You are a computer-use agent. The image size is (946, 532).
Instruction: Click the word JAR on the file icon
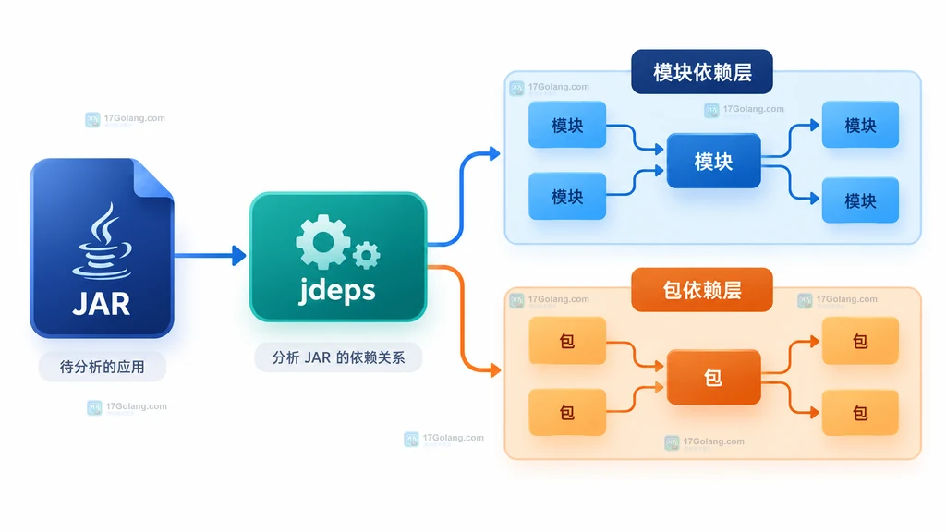pos(102,304)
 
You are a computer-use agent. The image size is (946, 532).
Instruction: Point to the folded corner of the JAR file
pos(152,178)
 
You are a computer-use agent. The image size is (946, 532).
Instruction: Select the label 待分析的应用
pos(102,367)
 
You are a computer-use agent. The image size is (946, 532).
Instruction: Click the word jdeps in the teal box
pos(337,291)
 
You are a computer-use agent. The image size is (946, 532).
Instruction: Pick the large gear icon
pos(322,242)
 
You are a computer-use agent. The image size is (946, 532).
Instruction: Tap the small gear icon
pos(366,255)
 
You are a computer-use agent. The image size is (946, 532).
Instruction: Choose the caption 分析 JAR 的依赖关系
pos(338,357)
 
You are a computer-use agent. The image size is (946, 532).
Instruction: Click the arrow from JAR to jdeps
pos(210,255)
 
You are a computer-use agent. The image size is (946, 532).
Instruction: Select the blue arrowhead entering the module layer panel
pos(494,154)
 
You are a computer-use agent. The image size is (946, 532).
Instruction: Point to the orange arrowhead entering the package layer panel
pos(495,369)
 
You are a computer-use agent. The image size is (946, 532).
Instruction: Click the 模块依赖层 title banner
pos(702,72)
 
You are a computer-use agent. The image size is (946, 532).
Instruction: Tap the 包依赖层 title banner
pos(702,290)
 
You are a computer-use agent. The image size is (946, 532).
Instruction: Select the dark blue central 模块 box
pos(713,161)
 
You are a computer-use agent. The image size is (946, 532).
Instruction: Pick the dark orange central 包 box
pos(713,377)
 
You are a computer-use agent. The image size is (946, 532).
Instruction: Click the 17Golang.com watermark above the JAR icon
pos(126,119)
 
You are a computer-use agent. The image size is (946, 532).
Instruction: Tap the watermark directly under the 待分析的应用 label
pos(127,407)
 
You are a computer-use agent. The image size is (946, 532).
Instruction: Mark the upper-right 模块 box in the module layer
pos(860,125)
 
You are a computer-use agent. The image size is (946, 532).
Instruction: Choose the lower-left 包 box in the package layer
pos(567,413)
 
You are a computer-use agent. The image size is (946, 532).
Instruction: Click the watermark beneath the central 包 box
pos(705,442)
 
